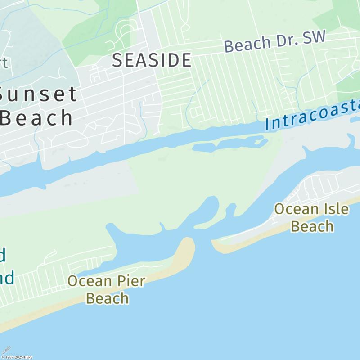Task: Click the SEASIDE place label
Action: pyautogui.click(x=152, y=60)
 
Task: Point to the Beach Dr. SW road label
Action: pyautogui.click(x=274, y=42)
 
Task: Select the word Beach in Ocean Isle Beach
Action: pyautogui.click(x=312, y=226)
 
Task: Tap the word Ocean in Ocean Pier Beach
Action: pyautogui.click(x=89, y=281)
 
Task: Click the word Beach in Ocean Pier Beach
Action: pyautogui.click(x=107, y=298)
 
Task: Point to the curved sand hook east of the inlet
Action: pyautogui.click(x=219, y=246)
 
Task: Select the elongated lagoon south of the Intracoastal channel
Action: pyautogui.click(x=229, y=144)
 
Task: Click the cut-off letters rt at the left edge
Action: pyautogui.click(x=4, y=63)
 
